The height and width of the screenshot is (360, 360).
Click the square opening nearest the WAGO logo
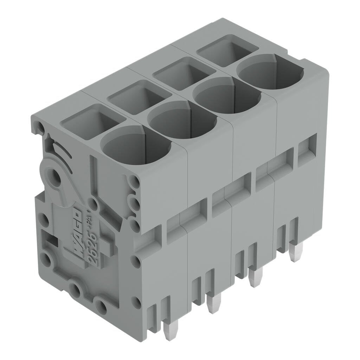[92, 121]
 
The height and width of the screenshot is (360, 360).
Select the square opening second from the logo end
[139, 96]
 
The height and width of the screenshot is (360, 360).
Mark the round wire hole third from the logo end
[227, 96]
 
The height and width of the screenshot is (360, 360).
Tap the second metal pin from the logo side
[213, 303]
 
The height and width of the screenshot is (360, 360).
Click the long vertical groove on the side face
[92, 176]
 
